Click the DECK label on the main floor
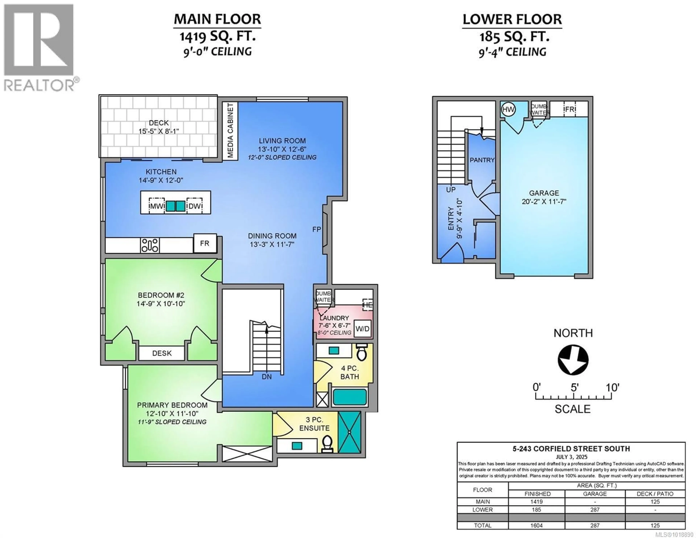(x=159, y=123)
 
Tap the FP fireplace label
(x=316, y=229)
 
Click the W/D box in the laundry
(x=362, y=329)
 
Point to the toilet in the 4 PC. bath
(x=361, y=352)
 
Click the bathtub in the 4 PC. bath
(x=350, y=397)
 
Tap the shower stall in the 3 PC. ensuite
(x=349, y=432)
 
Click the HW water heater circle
(x=508, y=110)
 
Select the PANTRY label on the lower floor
(x=482, y=160)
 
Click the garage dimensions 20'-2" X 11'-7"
(x=544, y=202)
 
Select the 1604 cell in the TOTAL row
(x=536, y=525)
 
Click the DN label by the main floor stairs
(x=267, y=377)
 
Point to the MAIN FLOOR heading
(x=217, y=19)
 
